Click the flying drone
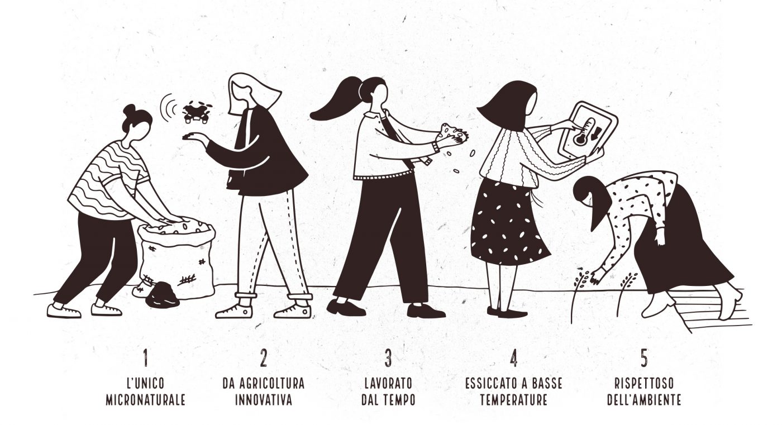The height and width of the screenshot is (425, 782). (x=196, y=112)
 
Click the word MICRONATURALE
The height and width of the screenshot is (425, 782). (x=146, y=400)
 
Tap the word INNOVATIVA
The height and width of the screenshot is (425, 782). (x=264, y=400)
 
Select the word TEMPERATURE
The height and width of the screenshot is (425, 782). (x=513, y=400)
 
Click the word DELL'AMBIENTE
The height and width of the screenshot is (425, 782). (x=644, y=400)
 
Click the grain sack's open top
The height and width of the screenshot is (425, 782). (x=177, y=230)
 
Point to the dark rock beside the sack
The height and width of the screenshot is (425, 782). (x=163, y=295)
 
